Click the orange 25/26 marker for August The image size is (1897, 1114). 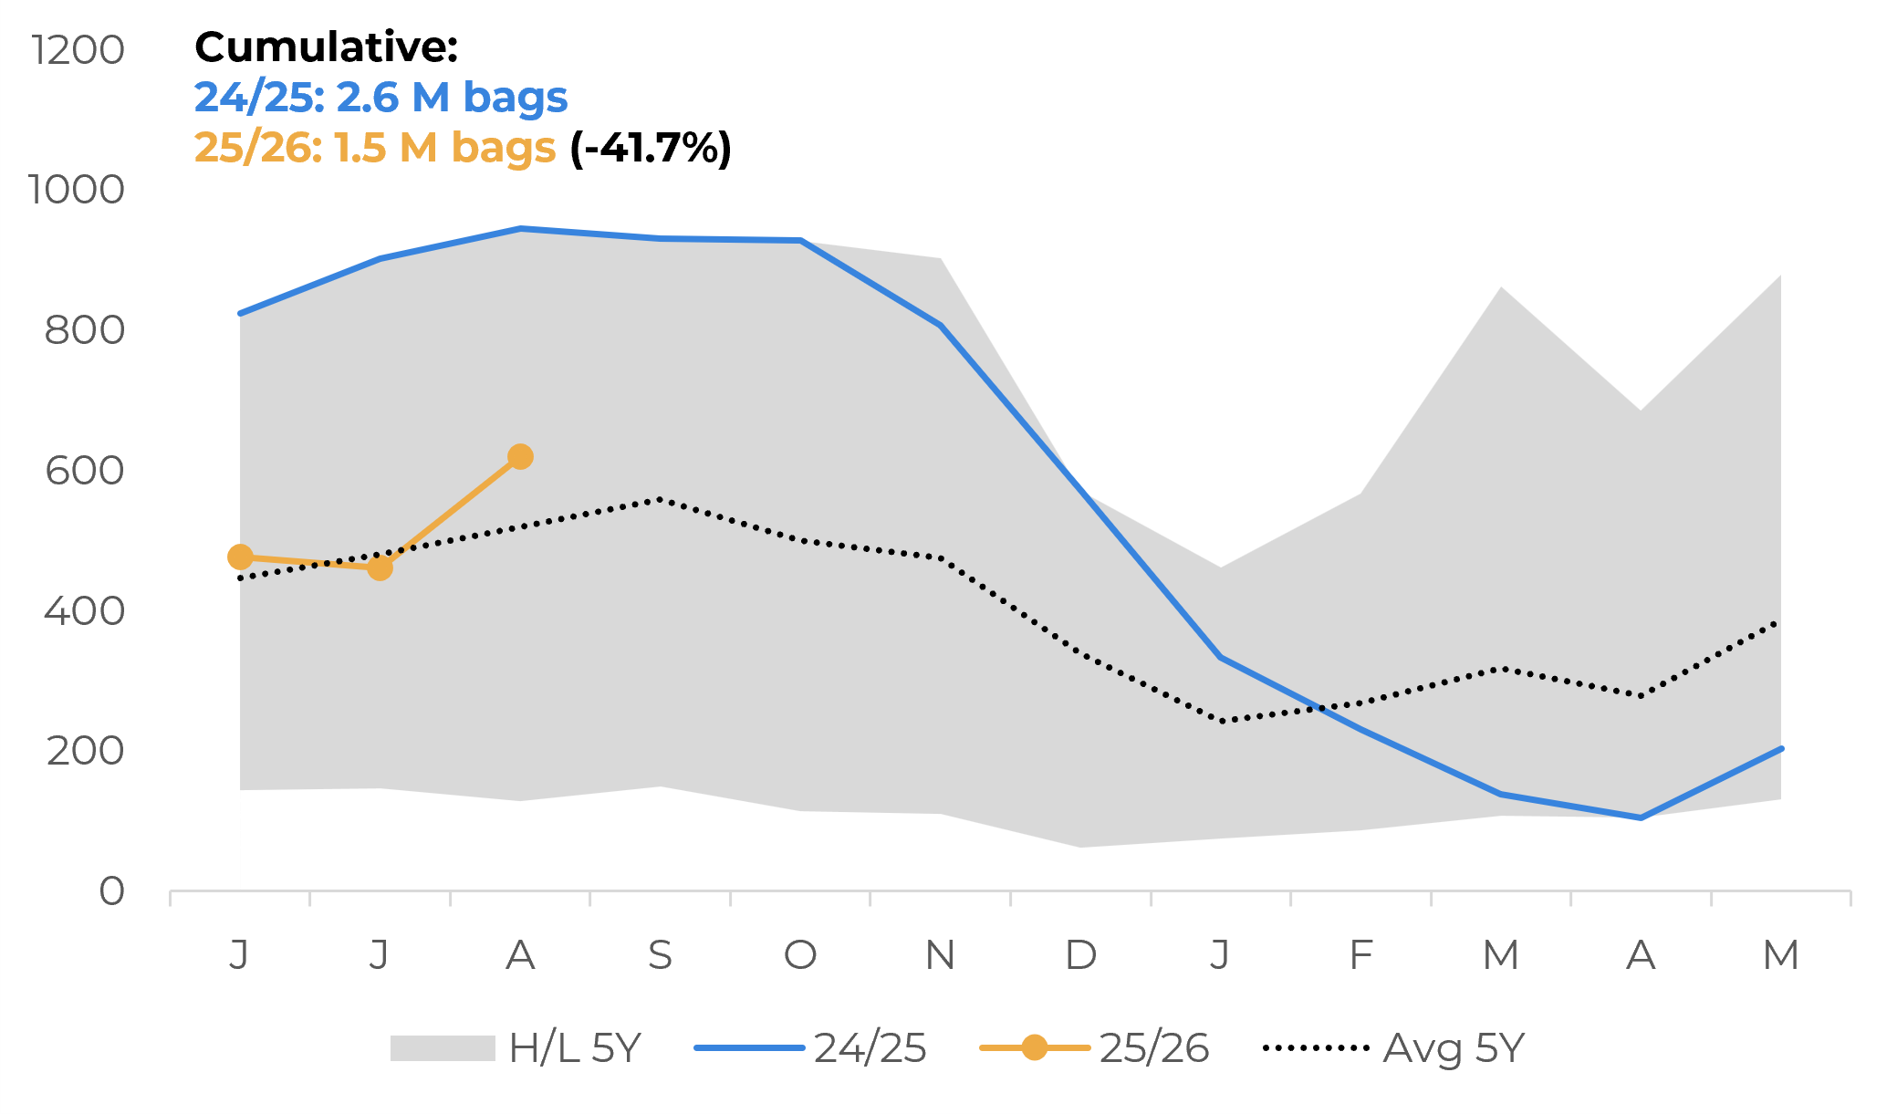(x=520, y=456)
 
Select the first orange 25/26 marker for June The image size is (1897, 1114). (x=240, y=557)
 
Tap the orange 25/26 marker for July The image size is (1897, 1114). (x=380, y=567)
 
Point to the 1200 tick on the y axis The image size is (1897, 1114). (x=78, y=50)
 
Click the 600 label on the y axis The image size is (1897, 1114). (x=84, y=471)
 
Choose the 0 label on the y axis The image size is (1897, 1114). (x=111, y=891)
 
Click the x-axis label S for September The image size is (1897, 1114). (x=660, y=955)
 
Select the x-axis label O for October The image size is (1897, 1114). (x=800, y=955)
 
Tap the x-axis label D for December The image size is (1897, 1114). (x=1080, y=955)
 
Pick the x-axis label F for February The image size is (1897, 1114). (x=1360, y=955)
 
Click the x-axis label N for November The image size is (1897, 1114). (x=940, y=955)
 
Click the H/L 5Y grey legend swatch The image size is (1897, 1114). (x=443, y=1048)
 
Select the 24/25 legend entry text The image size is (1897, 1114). (x=870, y=1048)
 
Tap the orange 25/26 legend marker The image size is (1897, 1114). (x=1034, y=1047)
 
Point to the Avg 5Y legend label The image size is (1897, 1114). (x=1453, y=1048)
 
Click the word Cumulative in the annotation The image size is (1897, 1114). (x=326, y=47)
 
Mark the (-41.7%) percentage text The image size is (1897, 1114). (x=651, y=148)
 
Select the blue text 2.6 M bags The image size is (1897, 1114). (x=452, y=98)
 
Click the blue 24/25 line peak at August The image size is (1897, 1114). (x=520, y=229)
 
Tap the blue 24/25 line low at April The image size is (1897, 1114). (x=1641, y=817)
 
